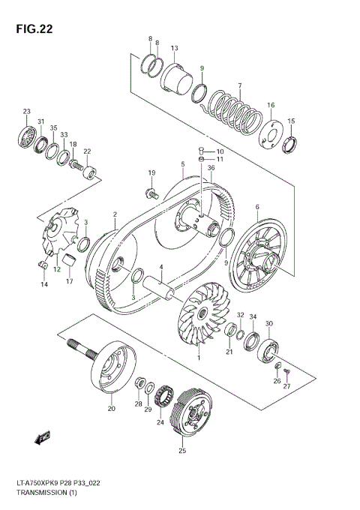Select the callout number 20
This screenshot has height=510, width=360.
tap(112, 409)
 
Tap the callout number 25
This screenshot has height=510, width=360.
tap(182, 451)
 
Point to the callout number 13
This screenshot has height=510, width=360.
tap(174, 49)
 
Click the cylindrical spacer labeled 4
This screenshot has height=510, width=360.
tap(163, 285)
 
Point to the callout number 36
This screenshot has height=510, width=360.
tap(211, 168)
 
